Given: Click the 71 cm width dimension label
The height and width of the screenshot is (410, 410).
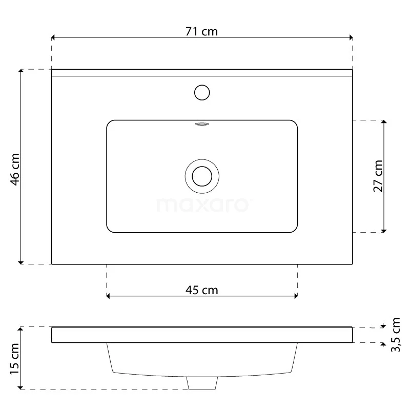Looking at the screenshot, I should click(x=202, y=31).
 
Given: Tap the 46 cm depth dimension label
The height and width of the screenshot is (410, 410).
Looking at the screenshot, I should click(x=15, y=169).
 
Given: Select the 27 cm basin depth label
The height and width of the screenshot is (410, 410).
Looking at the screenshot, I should click(x=377, y=176).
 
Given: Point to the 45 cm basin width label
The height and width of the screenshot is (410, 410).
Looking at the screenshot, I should click(x=201, y=290).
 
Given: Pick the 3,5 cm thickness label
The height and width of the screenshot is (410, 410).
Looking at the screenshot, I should click(x=395, y=334).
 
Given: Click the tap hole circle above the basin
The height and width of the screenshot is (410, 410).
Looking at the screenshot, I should click(x=202, y=92).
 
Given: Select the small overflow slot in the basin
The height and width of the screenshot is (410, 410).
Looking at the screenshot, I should click(x=202, y=124).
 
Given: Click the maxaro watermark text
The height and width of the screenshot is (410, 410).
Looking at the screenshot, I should click(x=202, y=205).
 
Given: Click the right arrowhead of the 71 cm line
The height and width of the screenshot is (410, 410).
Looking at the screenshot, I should click(x=351, y=37).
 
